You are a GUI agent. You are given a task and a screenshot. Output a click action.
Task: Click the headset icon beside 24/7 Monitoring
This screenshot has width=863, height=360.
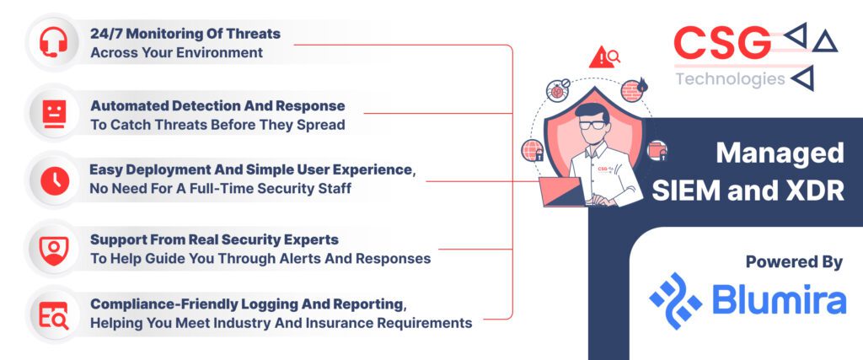click(53, 42)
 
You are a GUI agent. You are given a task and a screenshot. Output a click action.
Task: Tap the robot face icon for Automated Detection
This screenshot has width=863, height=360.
click(54, 114)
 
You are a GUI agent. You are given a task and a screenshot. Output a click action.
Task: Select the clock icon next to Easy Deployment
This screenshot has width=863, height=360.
click(55, 181)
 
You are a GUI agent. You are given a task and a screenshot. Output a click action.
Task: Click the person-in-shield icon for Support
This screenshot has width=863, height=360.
click(55, 250)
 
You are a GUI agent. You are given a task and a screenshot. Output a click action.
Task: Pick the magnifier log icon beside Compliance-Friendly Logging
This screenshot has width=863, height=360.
click(54, 315)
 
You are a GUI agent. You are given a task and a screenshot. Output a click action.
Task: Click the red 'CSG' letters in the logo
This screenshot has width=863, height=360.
click(721, 44)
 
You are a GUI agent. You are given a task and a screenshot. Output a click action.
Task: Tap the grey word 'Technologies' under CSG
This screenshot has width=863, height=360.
click(731, 80)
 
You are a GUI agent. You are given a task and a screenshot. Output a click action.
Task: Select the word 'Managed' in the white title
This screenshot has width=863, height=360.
click(780, 153)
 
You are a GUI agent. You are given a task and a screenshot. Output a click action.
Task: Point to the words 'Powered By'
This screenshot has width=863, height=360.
click(794, 262)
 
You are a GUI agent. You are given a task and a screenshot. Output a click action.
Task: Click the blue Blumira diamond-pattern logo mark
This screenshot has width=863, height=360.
click(676, 300)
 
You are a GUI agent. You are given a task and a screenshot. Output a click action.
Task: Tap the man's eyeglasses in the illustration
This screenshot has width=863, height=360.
click(591, 125)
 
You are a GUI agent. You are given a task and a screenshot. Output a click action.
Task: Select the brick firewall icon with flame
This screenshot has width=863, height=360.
click(633, 89)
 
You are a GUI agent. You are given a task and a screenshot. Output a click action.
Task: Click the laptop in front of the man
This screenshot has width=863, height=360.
click(562, 191)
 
